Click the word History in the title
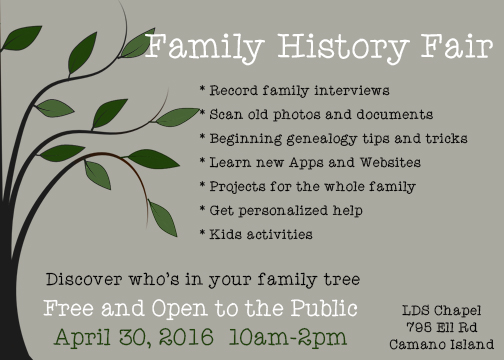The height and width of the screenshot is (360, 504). pos(343,47)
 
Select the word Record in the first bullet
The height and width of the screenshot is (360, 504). pos(234,90)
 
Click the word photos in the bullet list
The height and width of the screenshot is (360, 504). pos(297,115)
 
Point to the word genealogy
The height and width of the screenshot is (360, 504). pos(322,139)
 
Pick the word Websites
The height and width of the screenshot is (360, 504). pos(390,163)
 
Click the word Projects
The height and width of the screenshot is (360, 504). pos(237,187)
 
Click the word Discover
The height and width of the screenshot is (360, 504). pos(84,279)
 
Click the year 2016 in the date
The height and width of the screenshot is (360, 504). pos(186,337)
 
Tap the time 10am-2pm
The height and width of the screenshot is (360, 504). pos(288,337)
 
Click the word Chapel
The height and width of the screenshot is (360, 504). pos(458,311)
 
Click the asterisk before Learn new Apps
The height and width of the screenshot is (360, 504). pos(202,160)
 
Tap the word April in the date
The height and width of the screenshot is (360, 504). pos(82,337)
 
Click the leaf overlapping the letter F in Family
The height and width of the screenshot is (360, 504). pos(137,44)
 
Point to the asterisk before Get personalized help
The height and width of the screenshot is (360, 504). pos(202,208)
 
